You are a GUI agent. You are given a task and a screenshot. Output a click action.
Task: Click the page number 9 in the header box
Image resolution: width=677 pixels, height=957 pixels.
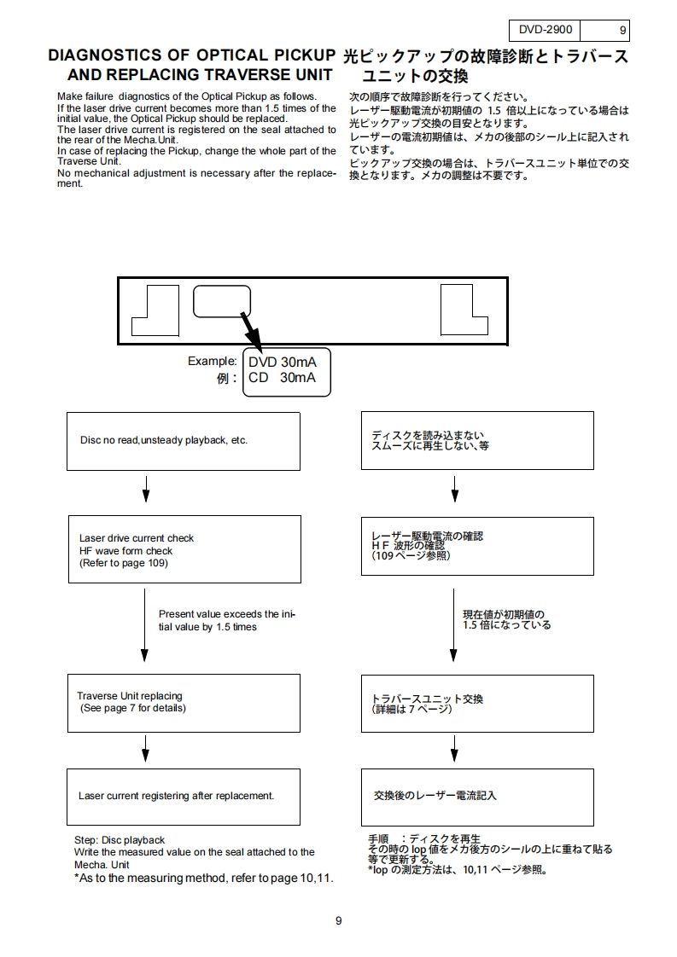click(624, 31)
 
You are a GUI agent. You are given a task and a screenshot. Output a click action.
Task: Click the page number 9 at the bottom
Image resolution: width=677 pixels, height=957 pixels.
click(339, 920)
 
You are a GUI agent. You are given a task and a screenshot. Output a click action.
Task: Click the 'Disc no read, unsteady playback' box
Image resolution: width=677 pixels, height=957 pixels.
click(184, 440)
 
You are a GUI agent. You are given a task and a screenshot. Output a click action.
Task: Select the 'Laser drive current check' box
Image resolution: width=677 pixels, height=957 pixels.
click(184, 551)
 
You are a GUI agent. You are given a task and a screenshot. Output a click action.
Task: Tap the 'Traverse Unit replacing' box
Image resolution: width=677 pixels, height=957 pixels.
click(184, 702)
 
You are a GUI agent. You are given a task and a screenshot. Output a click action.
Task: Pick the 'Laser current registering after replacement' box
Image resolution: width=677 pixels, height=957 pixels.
click(184, 796)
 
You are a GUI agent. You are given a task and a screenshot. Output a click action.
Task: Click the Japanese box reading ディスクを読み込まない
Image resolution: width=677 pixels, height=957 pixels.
click(476, 440)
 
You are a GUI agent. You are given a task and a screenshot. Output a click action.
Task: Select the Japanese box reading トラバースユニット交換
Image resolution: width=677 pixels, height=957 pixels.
click(476, 702)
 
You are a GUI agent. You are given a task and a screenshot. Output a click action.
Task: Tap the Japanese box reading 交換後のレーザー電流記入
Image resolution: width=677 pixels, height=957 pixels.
click(476, 796)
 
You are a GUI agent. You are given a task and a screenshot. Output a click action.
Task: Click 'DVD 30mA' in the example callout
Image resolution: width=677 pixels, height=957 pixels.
click(282, 362)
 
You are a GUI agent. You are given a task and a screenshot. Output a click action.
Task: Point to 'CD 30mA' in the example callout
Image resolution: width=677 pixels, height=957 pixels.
click(282, 378)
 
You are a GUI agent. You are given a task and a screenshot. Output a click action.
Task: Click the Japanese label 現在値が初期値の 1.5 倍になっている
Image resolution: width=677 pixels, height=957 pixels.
click(506, 619)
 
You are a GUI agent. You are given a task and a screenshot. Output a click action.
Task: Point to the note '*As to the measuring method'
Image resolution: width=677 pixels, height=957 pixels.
click(204, 878)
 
